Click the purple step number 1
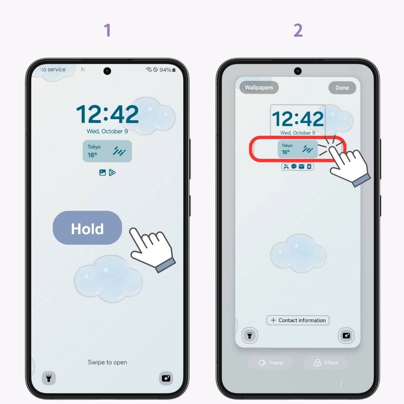click(x=107, y=30)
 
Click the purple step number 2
click(x=298, y=30)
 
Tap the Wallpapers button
click(x=259, y=88)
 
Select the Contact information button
click(x=298, y=320)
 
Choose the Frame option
click(x=270, y=363)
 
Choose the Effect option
click(x=325, y=363)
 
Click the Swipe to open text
click(x=107, y=362)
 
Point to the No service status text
click(x=53, y=70)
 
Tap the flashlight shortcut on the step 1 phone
click(x=49, y=378)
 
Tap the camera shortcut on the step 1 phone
click(x=166, y=378)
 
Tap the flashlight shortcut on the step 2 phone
click(x=250, y=336)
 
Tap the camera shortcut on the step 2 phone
click(x=346, y=336)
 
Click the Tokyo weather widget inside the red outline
click(x=297, y=149)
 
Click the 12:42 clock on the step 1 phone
click(x=107, y=114)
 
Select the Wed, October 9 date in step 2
click(x=298, y=133)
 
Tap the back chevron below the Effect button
click(x=341, y=384)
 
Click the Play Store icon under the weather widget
click(x=112, y=172)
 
